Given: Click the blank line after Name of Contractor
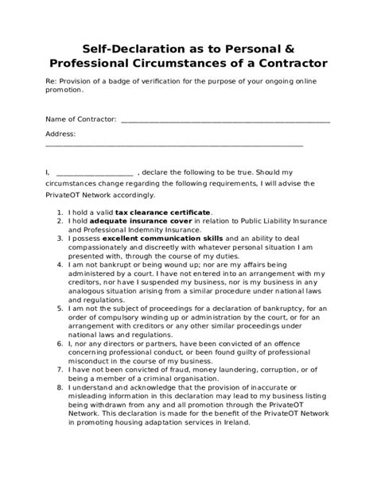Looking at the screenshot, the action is [x=226, y=121].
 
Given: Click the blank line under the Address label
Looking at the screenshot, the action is [x=175, y=145].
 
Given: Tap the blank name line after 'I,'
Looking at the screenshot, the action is [x=95, y=172].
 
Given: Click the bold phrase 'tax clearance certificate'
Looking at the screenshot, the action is [x=163, y=212].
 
